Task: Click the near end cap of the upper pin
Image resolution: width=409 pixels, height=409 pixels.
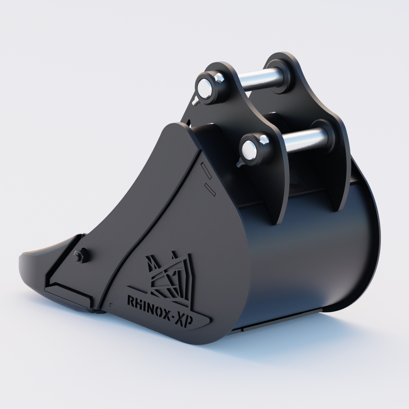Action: point(206,86)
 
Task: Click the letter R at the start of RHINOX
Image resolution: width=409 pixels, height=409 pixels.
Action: point(131,301)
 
